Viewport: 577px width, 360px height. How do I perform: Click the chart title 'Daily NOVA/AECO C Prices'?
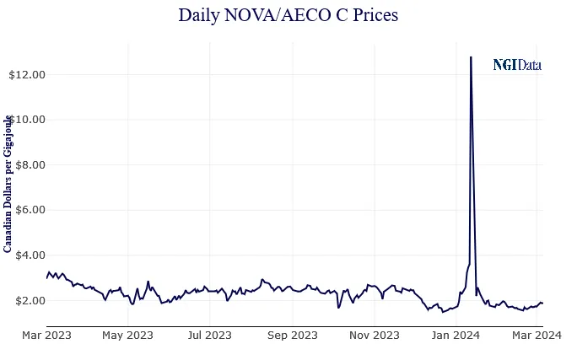[288, 15]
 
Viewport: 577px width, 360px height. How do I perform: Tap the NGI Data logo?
[517, 65]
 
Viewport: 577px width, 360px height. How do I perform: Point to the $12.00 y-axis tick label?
[26, 74]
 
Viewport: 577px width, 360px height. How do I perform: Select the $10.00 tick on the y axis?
[26, 120]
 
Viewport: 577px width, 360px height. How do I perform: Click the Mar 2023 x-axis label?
[46, 336]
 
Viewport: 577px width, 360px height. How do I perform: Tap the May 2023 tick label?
[128, 336]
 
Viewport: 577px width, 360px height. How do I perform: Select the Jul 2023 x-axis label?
[209, 336]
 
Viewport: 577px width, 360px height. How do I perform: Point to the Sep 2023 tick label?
[292, 336]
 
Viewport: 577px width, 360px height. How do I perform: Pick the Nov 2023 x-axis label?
[374, 336]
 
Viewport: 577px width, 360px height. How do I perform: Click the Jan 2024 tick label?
[456, 336]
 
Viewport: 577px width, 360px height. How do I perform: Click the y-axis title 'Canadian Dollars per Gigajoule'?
[8, 184]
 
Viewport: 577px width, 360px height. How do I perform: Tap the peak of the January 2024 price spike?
[471, 57]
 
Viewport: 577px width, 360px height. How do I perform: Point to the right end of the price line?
[542, 303]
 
